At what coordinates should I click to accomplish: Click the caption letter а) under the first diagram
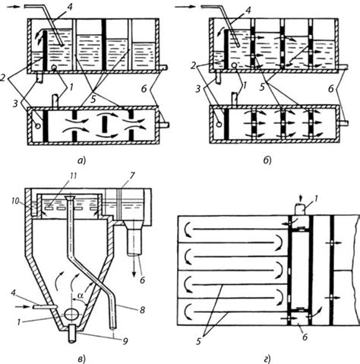82,160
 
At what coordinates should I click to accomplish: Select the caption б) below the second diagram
267,160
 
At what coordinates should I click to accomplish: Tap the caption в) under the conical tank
82,359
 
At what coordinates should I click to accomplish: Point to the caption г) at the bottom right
267,359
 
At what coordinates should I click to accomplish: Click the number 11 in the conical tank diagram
74,176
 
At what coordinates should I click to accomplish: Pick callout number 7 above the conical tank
133,176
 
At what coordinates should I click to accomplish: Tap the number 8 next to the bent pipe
143,309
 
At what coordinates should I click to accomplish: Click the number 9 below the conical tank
125,341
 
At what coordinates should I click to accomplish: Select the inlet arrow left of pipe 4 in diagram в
23,306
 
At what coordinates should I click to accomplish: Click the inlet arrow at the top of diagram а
13,7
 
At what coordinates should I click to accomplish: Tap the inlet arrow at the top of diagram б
185,7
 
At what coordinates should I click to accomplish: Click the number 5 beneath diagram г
198,341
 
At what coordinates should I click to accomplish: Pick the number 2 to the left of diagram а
3,78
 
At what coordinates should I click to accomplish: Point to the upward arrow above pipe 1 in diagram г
301,198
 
